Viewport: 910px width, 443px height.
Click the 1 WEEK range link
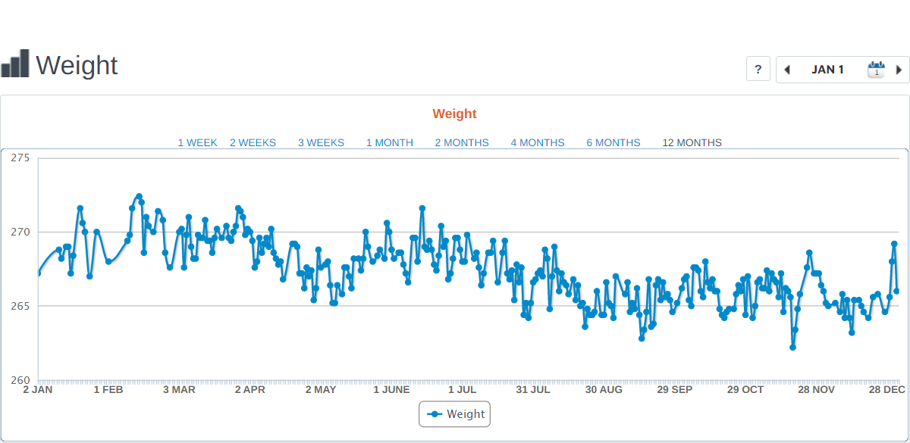197,142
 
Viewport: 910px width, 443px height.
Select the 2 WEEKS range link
253,142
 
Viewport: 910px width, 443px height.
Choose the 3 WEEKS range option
321,142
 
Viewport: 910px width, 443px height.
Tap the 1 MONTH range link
390,142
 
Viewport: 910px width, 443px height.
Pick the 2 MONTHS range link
462,142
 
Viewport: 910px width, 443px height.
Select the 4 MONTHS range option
538,142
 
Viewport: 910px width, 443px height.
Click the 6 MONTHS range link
613,142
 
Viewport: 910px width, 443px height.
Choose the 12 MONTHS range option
692,142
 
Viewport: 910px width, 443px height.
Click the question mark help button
758,69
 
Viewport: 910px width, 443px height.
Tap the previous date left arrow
787,70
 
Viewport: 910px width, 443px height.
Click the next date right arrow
899,70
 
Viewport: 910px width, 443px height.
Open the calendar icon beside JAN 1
876,70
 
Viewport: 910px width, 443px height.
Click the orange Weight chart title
455,114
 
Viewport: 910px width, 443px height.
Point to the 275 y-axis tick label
20,158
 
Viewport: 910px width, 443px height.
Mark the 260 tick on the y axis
20,380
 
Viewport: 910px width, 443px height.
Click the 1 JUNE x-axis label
391,390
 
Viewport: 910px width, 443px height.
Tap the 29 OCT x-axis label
745,390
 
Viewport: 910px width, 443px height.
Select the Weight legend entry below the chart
455,414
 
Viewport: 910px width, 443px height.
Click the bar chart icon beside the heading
15,64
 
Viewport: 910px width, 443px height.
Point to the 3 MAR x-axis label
179,390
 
